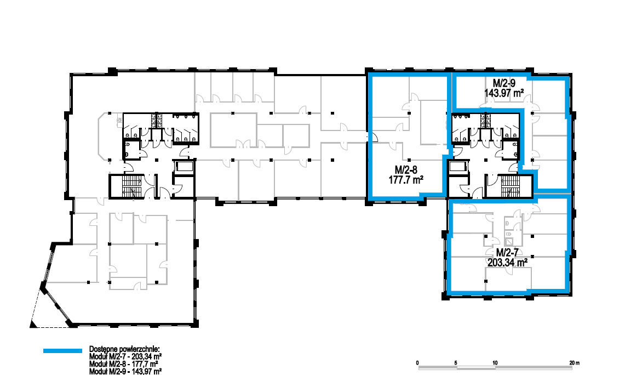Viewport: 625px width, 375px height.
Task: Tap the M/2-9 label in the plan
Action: (x=504, y=83)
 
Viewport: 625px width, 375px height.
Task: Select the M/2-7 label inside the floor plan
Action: (x=507, y=253)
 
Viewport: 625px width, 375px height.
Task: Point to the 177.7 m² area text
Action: (x=406, y=180)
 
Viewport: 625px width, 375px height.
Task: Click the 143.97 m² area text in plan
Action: (x=504, y=93)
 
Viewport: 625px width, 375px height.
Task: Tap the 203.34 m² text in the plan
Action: (x=507, y=262)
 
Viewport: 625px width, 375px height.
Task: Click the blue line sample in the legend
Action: (x=62, y=351)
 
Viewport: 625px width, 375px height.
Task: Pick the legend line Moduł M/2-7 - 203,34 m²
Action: (x=125, y=357)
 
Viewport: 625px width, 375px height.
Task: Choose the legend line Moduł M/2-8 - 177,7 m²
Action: (x=124, y=364)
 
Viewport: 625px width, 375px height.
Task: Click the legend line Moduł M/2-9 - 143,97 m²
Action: (x=125, y=371)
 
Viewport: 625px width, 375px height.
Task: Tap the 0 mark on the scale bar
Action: (x=417, y=362)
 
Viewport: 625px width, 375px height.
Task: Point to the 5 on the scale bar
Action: (x=456, y=362)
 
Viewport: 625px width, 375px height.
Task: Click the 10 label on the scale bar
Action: (x=495, y=362)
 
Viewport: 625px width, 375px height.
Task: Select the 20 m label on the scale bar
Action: (x=575, y=362)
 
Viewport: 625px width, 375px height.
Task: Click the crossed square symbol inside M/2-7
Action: (x=509, y=242)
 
